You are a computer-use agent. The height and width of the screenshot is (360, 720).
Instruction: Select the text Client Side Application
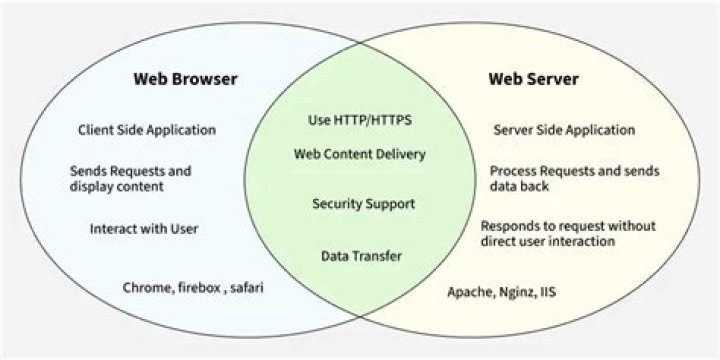coord(147,130)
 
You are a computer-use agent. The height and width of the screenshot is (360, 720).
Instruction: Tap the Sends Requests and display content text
coord(130,179)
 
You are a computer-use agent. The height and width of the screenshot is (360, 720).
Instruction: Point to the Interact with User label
coord(144,228)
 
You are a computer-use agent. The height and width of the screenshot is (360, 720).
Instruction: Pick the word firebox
coord(196,288)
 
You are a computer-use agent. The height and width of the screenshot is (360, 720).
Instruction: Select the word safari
coord(249,288)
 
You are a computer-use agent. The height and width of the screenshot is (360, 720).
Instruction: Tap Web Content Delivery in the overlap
coord(360,154)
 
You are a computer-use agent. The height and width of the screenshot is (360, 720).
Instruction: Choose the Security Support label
coord(363,203)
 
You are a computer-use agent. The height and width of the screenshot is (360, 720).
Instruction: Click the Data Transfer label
coord(361,256)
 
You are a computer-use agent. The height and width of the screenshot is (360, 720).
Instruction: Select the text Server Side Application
coord(564,130)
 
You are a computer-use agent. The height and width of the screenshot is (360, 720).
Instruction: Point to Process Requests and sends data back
coord(574,179)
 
